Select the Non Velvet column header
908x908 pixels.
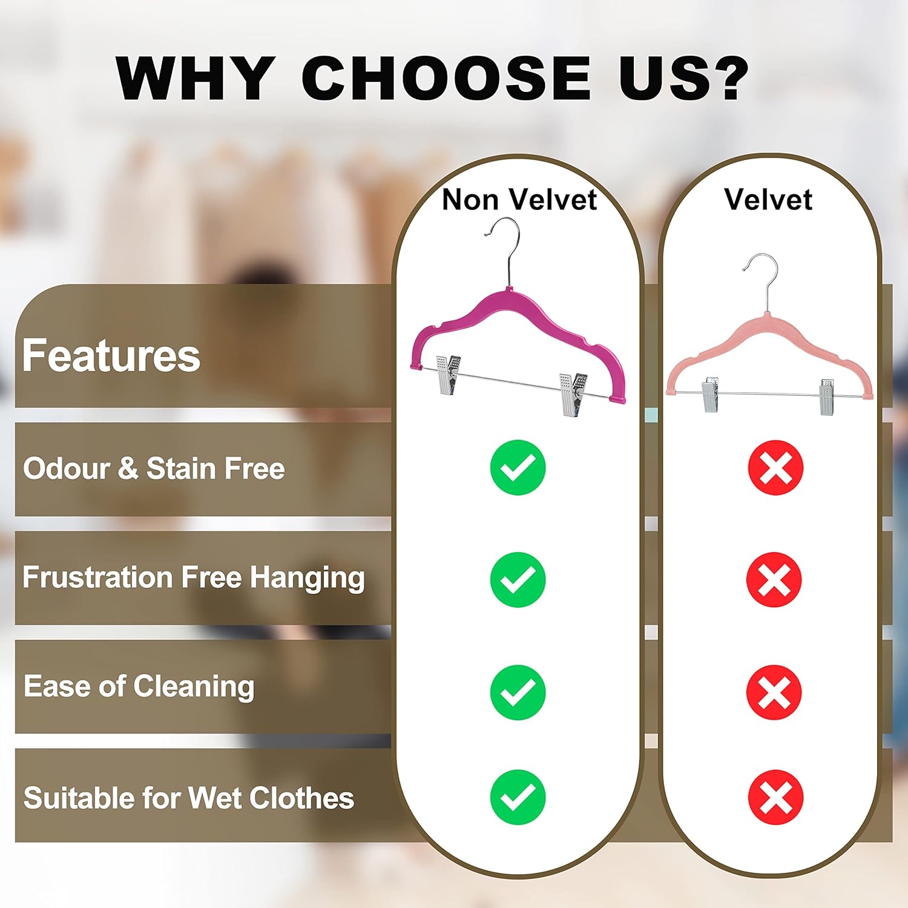[519, 200]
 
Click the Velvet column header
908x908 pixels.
[768, 200]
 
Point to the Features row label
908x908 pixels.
[111, 356]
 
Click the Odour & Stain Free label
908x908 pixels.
[154, 469]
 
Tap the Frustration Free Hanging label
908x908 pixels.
[194, 577]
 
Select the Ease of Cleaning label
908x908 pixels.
[139, 686]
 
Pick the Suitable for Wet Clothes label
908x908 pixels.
[188, 798]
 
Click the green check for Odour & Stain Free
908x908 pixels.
[518, 468]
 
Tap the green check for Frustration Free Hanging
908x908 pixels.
[518, 580]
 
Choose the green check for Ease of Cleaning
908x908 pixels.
[518, 693]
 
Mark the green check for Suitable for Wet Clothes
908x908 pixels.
[518, 797]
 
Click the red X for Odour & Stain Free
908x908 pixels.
[775, 468]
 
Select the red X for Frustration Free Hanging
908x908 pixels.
[774, 580]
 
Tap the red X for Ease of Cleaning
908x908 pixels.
[774, 693]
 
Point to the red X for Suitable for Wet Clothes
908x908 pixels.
[775, 797]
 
